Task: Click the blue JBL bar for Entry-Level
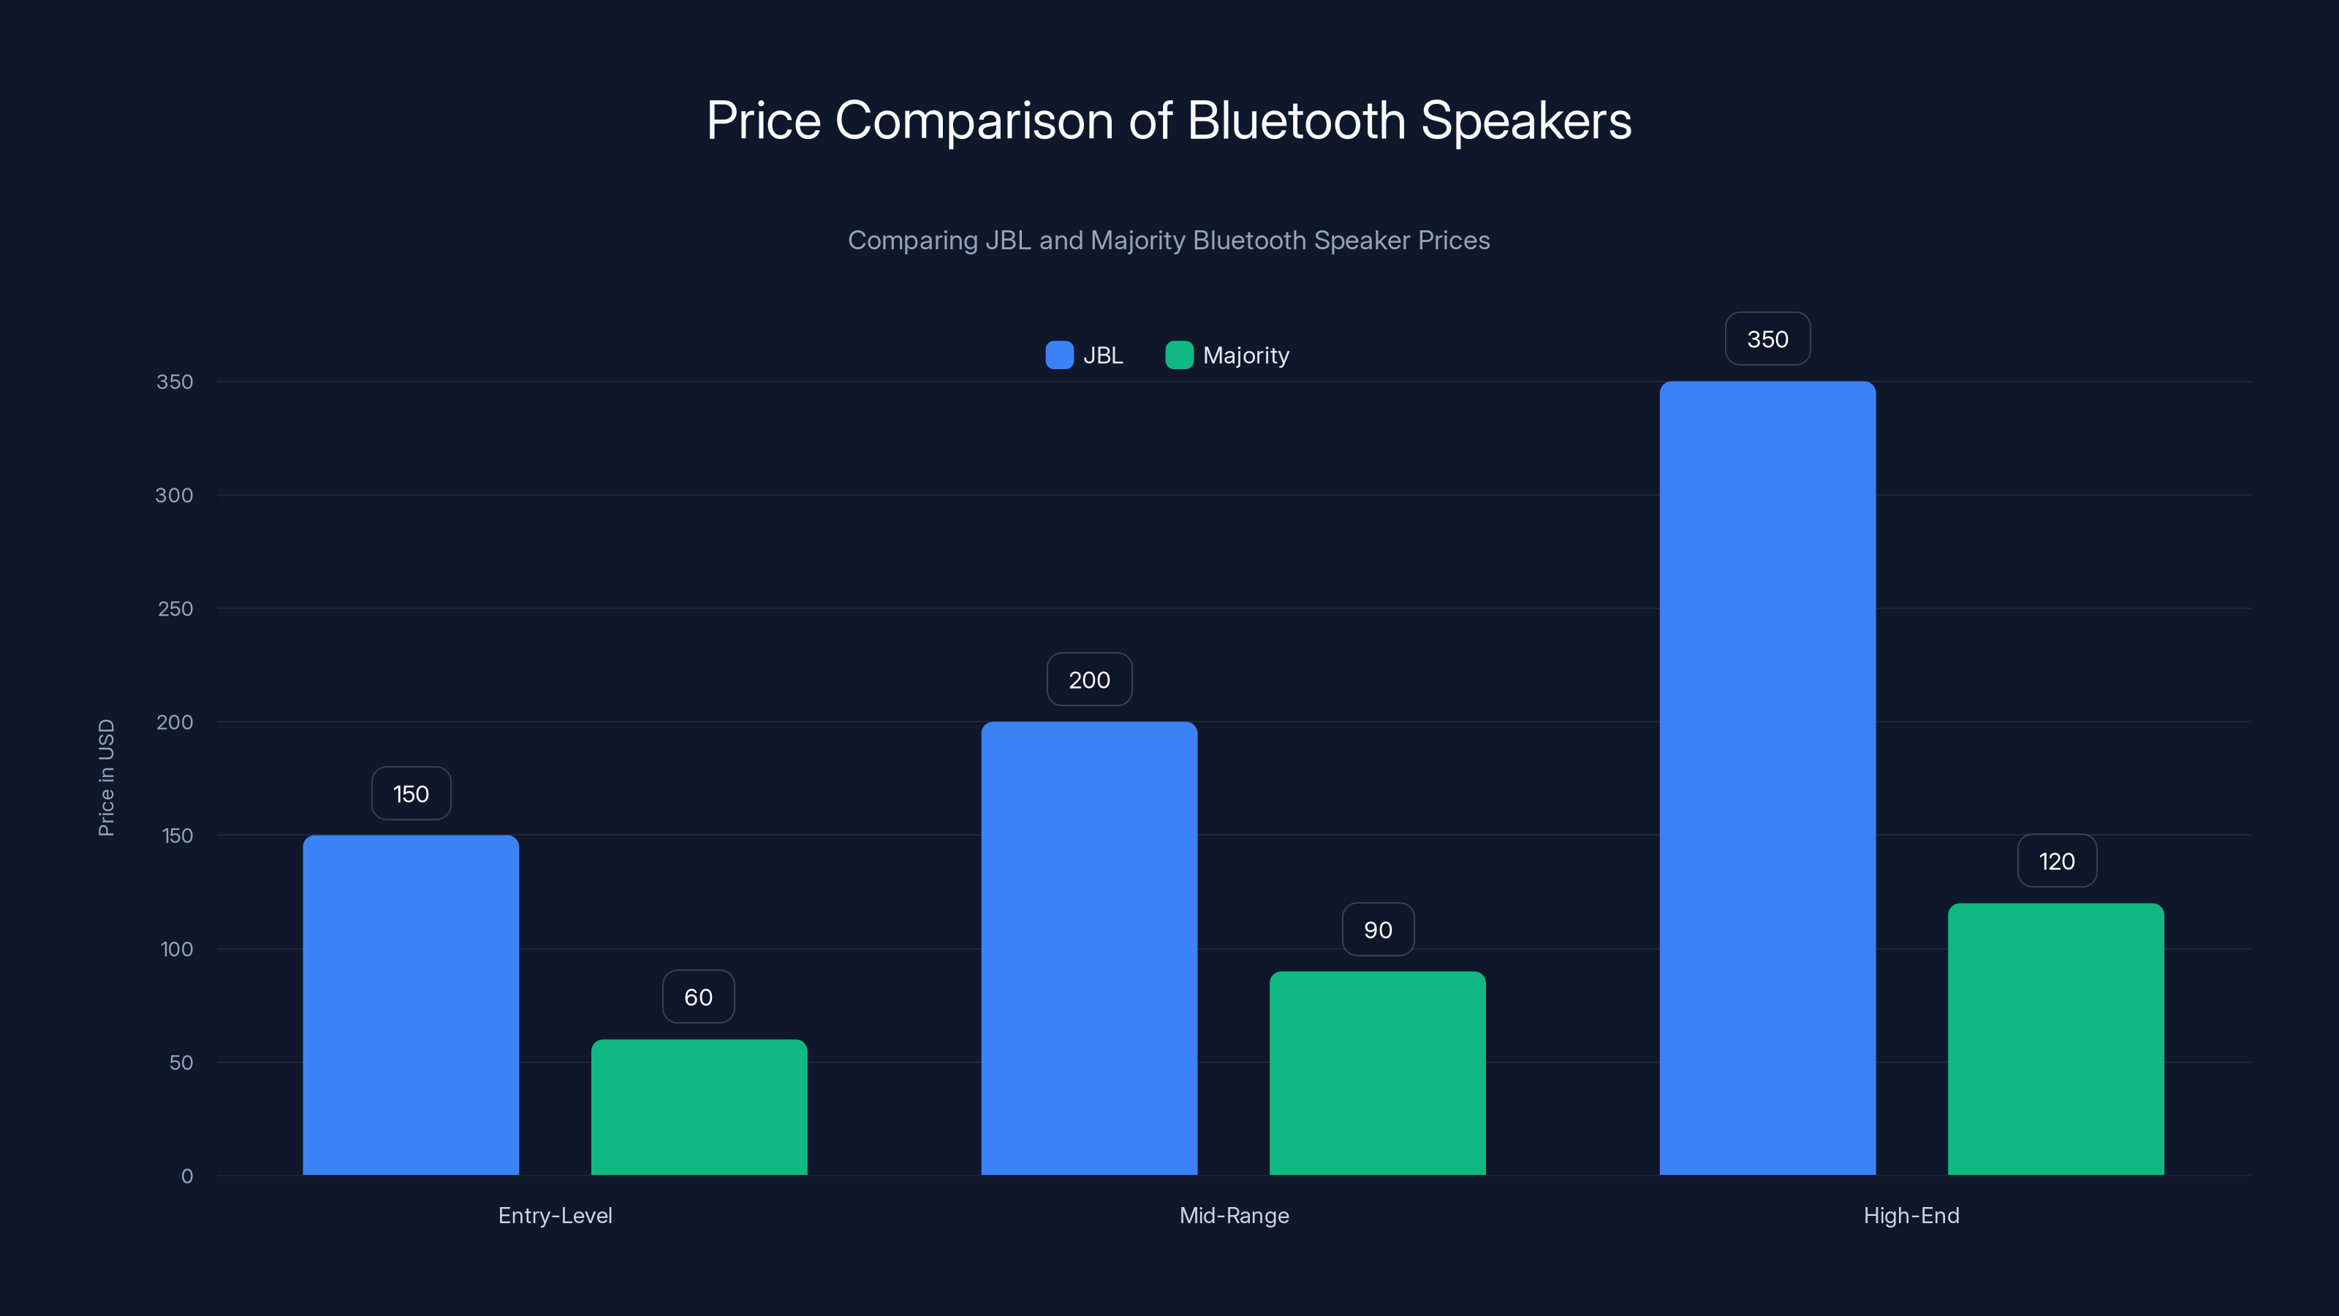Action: coord(410,1005)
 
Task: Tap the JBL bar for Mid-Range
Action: coord(1088,948)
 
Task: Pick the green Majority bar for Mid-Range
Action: coord(1377,1073)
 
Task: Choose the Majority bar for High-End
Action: coord(2055,1039)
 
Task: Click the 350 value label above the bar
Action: coord(1767,339)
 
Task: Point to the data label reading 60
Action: coord(698,997)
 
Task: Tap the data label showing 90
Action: coord(1377,929)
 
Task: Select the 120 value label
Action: coord(2057,861)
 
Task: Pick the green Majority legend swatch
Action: coord(1178,355)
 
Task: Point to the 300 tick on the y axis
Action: coord(175,495)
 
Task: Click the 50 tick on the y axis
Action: coord(181,1062)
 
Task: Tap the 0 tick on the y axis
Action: coord(187,1176)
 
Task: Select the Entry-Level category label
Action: coord(555,1215)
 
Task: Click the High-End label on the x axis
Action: coord(1911,1215)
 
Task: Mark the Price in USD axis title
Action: coord(106,777)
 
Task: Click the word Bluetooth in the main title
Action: coord(1296,121)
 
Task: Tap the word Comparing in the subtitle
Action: coord(912,241)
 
